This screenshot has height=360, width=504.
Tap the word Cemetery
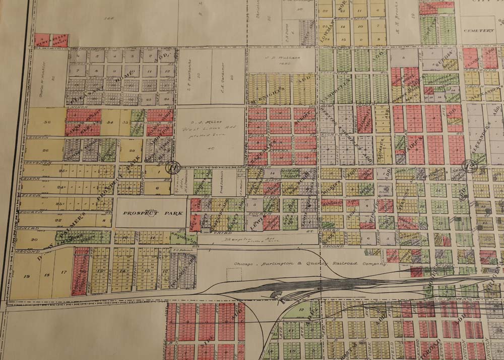point(479,30)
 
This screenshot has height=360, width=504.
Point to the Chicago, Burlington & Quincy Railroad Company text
point(310,264)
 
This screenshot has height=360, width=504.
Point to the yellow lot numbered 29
point(131,150)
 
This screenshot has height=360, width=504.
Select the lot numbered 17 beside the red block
point(63,272)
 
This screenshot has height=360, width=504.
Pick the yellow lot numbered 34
point(110,122)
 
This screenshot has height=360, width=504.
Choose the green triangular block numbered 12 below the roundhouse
point(301,310)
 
